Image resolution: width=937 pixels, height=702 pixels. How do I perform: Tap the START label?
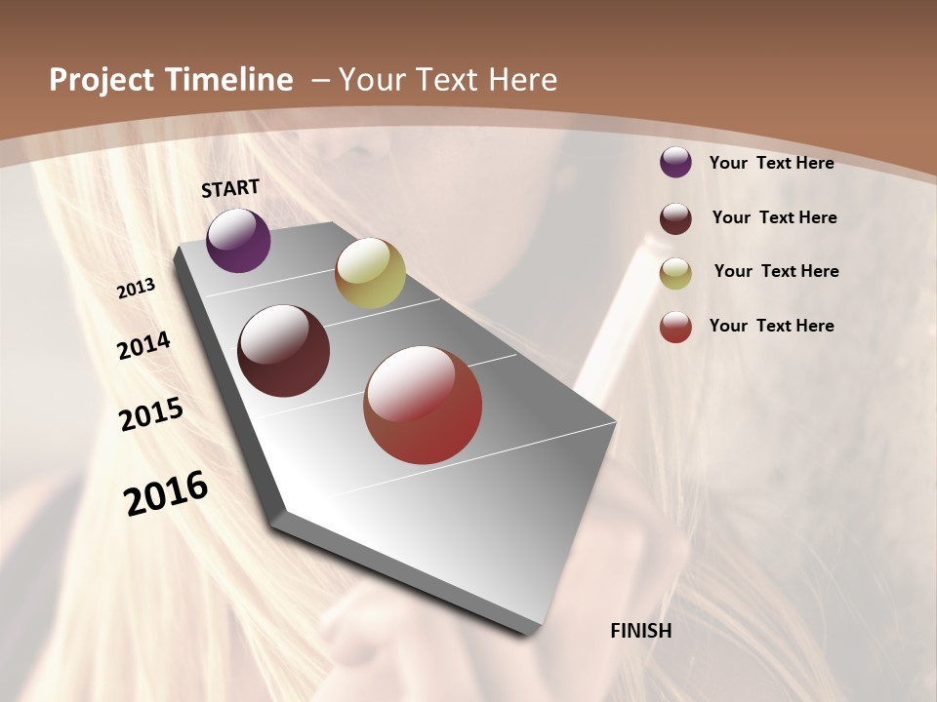tap(230, 188)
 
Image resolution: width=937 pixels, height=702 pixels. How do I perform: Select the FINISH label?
tap(641, 631)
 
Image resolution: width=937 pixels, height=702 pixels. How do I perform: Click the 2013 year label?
tap(136, 289)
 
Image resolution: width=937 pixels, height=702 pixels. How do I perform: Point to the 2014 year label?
tap(144, 345)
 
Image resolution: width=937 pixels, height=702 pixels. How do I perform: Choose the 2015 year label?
tap(151, 414)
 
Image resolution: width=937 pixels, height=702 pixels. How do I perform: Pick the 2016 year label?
tap(166, 493)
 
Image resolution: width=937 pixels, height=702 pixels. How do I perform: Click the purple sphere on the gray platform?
tap(238, 240)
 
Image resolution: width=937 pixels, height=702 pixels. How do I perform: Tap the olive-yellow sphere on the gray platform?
tap(370, 273)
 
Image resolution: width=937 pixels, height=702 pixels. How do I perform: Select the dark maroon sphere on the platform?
tap(284, 351)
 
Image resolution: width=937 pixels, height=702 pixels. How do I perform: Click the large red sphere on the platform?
tap(423, 405)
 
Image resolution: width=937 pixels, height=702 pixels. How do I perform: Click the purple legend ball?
tap(675, 162)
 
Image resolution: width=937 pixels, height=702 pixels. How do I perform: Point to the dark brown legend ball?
tap(675, 218)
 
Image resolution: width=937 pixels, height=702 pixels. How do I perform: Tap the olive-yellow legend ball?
tap(675, 273)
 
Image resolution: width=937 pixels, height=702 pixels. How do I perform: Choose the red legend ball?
tap(675, 327)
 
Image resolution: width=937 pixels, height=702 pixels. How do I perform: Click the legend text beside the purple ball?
tap(771, 163)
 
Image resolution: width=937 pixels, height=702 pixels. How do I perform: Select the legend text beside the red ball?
tap(771, 326)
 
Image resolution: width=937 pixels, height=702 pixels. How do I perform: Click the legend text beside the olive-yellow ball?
tap(776, 271)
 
